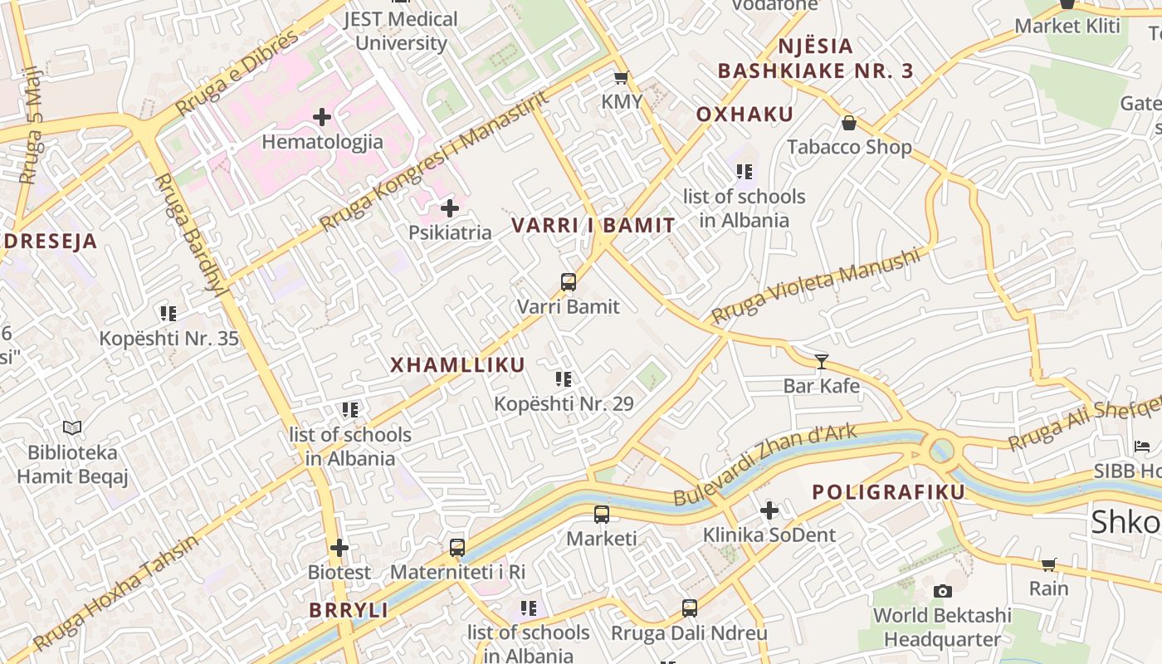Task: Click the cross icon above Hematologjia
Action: (x=322, y=118)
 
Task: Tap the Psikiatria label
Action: (x=450, y=232)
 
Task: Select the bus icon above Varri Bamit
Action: (x=569, y=282)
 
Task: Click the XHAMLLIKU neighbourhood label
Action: (x=457, y=365)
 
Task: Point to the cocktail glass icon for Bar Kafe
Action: (x=822, y=361)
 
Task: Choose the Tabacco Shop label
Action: (x=849, y=147)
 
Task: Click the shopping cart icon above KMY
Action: (x=620, y=78)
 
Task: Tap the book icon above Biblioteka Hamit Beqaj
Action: (x=72, y=428)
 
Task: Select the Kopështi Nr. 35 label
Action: (x=168, y=339)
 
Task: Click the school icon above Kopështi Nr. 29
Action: (x=564, y=379)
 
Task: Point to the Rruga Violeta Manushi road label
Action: (x=816, y=286)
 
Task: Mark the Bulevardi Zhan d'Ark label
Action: (x=764, y=465)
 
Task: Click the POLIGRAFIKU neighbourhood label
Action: (x=888, y=492)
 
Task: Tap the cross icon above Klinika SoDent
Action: (x=769, y=510)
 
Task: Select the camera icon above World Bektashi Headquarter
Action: (x=942, y=592)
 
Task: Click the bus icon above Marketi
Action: (x=602, y=515)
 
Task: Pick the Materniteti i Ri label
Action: (x=457, y=572)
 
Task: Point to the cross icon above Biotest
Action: (x=339, y=548)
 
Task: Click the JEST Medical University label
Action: (x=401, y=31)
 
